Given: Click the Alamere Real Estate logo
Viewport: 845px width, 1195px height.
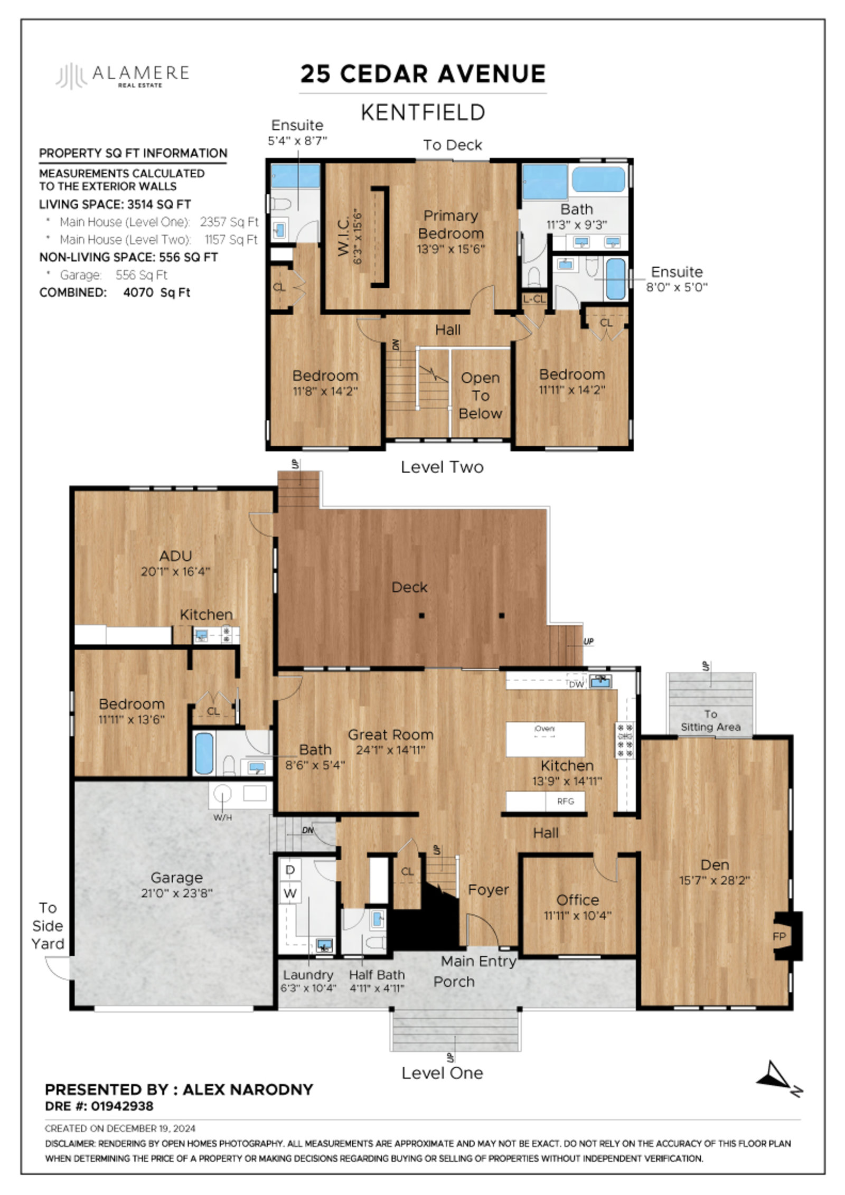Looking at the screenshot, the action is pyautogui.click(x=123, y=76).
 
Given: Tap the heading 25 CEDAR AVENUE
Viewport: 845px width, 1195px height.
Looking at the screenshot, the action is pyautogui.click(x=423, y=74).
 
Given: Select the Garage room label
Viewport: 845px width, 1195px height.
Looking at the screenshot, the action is pyautogui.click(x=176, y=878).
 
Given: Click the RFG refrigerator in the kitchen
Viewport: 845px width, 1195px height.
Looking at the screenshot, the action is pyautogui.click(x=565, y=801).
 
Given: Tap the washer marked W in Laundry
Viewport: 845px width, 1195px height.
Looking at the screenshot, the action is pyautogui.click(x=290, y=893).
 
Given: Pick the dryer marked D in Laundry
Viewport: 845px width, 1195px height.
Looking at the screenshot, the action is pyautogui.click(x=290, y=870).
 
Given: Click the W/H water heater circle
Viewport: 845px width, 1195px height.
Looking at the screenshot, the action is pyautogui.click(x=223, y=794).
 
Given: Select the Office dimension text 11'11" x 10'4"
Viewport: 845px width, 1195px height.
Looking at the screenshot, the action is pyautogui.click(x=577, y=915).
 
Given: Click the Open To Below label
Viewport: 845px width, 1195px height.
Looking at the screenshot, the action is pyautogui.click(x=480, y=396).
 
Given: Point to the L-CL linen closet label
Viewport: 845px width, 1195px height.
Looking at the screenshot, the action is pyautogui.click(x=534, y=299).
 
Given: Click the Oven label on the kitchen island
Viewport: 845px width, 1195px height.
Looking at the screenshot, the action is pyautogui.click(x=544, y=729).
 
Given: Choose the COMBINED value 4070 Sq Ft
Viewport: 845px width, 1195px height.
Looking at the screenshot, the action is pyautogui.click(x=157, y=293).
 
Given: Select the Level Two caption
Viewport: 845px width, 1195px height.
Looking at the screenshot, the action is pyautogui.click(x=442, y=467).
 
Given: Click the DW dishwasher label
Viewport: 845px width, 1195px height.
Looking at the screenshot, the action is pyautogui.click(x=577, y=684).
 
